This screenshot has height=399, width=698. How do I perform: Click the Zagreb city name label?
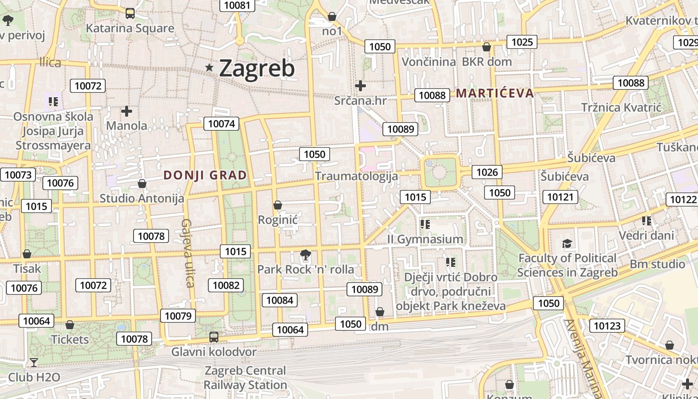(257, 68)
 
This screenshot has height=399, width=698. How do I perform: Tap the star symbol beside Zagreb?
(209, 67)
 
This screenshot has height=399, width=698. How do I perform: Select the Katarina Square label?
(130, 28)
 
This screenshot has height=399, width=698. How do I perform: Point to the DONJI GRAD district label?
(205, 175)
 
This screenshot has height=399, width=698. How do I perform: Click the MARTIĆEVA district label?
(495, 93)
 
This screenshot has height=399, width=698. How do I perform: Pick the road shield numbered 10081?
(237, 5)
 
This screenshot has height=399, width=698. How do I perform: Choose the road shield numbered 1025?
(522, 42)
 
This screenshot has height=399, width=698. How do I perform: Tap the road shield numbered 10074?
(221, 124)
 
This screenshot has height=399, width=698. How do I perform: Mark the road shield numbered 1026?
(487, 172)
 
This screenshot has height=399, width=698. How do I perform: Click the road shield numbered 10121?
(560, 197)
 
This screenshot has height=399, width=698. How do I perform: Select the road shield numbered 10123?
(607, 326)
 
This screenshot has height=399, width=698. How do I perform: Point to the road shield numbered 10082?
(226, 285)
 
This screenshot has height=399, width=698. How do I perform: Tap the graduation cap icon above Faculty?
(567, 244)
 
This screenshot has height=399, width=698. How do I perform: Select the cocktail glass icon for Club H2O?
(33, 363)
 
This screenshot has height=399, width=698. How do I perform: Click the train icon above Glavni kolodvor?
(214, 337)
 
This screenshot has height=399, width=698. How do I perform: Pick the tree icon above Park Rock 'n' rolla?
(305, 256)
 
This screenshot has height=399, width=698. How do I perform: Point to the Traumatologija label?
(356, 176)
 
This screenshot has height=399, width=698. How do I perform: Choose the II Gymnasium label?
(425, 239)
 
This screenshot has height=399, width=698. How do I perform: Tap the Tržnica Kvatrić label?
(621, 107)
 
